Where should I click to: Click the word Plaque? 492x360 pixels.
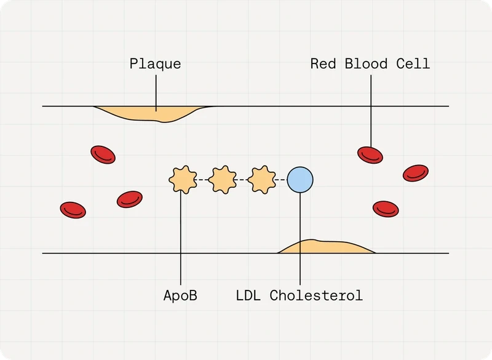156,64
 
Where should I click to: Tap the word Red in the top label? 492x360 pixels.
323,64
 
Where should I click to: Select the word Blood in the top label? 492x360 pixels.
366,64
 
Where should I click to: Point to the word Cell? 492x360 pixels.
413,64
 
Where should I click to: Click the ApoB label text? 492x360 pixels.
180,295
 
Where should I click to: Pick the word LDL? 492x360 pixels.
248,295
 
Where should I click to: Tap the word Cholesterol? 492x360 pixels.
316,295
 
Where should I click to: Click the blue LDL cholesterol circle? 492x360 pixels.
300,180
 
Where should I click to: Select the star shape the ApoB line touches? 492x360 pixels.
183,180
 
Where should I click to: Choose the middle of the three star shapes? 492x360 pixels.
223,180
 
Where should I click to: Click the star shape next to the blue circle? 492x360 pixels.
262,180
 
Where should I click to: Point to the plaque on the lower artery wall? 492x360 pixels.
327,247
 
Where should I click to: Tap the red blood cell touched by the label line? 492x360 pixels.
370,155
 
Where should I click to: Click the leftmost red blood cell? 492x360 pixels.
73,210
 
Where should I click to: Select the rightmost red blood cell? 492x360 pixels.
416,173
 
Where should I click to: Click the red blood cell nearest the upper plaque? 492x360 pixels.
103,154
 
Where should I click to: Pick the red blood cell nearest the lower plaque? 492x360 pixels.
386,209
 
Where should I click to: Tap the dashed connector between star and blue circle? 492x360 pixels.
282,180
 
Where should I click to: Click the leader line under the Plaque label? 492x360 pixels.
156,93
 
